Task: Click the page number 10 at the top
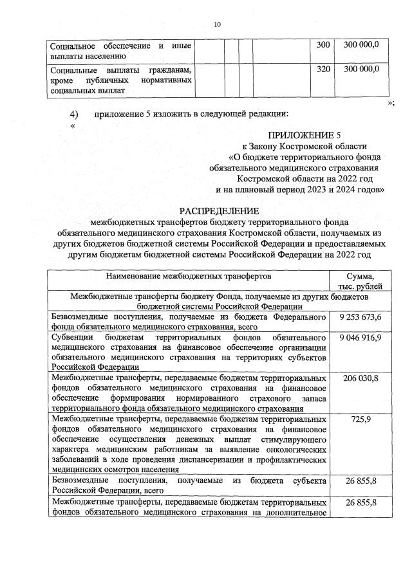[x=217, y=24]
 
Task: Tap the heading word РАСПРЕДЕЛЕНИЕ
[x=219, y=210]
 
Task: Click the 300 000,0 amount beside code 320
[x=361, y=69]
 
